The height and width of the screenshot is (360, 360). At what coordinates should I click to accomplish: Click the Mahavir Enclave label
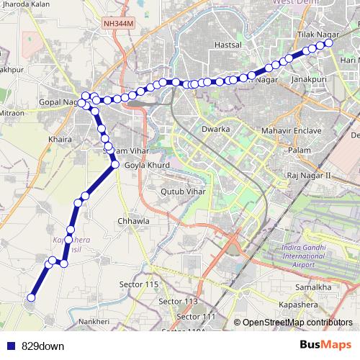pos(288,132)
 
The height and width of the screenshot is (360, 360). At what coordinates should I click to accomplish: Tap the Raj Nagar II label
pos(308,175)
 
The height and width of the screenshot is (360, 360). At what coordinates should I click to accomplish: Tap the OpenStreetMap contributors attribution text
pos(297,322)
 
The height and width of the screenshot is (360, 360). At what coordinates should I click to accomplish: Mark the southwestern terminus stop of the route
pos(31,297)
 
